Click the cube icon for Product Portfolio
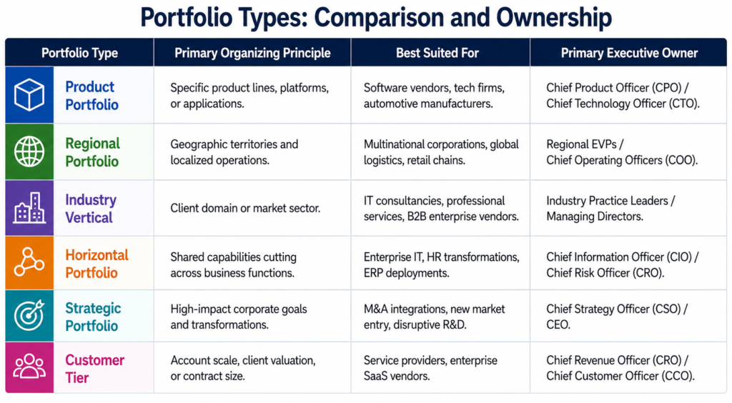click(29, 95)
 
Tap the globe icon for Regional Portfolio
click(29, 151)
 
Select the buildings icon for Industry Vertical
click(29, 207)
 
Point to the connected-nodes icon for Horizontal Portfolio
click(29, 263)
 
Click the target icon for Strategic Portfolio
click(29, 315)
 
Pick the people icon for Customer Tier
click(29, 367)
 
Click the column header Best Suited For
click(437, 53)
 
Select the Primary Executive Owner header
click(629, 53)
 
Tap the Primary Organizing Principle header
click(252, 53)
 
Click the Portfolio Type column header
click(79, 53)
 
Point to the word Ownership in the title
click(554, 18)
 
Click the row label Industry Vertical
click(91, 209)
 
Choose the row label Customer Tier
click(94, 369)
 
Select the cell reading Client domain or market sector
click(245, 208)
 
